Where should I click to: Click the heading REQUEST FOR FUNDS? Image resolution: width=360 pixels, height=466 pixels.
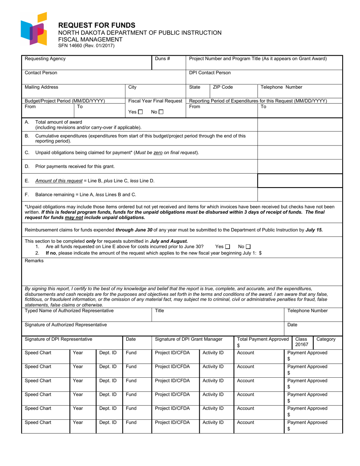(x=96, y=25)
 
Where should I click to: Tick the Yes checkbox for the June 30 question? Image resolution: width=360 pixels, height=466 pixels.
(x=227, y=247)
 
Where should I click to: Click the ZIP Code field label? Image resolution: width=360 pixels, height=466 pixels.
(x=223, y=87)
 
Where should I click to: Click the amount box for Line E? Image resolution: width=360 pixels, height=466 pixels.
(x=300, y=181)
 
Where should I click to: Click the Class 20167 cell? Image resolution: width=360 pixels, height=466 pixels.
(x=302, y=342)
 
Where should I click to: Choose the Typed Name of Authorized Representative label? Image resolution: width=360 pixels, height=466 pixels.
(x=69, y=311)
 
